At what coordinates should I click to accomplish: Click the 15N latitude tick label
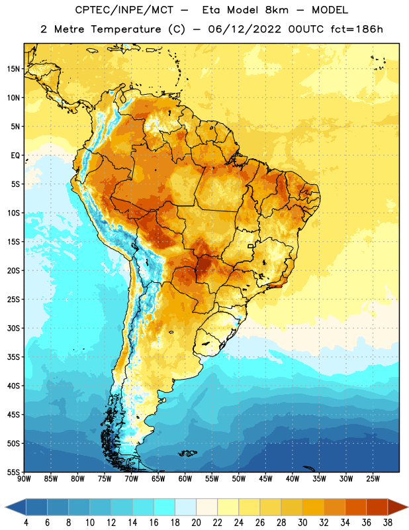(13, 69)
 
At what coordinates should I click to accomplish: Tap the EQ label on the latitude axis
(15, 156)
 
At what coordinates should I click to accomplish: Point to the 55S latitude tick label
(13, 472)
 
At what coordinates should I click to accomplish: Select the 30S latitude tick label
(13, 328)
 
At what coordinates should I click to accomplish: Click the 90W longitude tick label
(24, 479)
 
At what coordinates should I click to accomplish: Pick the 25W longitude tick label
(373, 479)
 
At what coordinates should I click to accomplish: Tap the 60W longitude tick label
(185, 479)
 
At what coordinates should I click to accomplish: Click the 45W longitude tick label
(265, 479)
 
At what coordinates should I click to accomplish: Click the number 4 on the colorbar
(26, 523)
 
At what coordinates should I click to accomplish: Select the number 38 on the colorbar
(388, 523)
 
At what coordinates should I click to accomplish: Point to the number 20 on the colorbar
(196, 523)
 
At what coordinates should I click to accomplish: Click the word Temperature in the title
(126, 29)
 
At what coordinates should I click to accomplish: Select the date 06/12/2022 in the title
(244, 29)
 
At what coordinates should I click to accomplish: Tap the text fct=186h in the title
(357, 29)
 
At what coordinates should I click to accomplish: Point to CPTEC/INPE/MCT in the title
(124, 10)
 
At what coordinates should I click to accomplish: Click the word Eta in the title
(212, 10)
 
